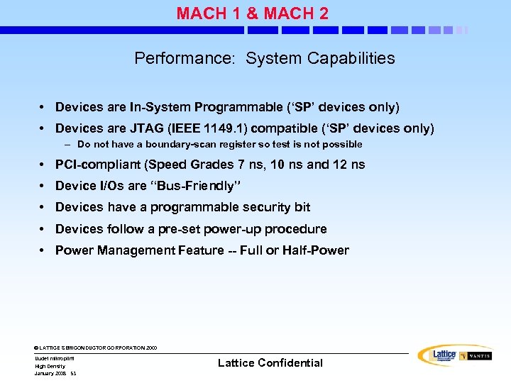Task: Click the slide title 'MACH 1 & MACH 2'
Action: [252, 13]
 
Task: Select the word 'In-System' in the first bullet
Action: [160, 107]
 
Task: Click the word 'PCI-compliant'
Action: [98, 165]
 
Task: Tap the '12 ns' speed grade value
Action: [349, 165]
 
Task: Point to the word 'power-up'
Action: [245, 229]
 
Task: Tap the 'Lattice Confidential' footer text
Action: [270, 362]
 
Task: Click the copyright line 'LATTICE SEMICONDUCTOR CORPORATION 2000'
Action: [96, 348]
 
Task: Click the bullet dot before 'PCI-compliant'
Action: [43, 165]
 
